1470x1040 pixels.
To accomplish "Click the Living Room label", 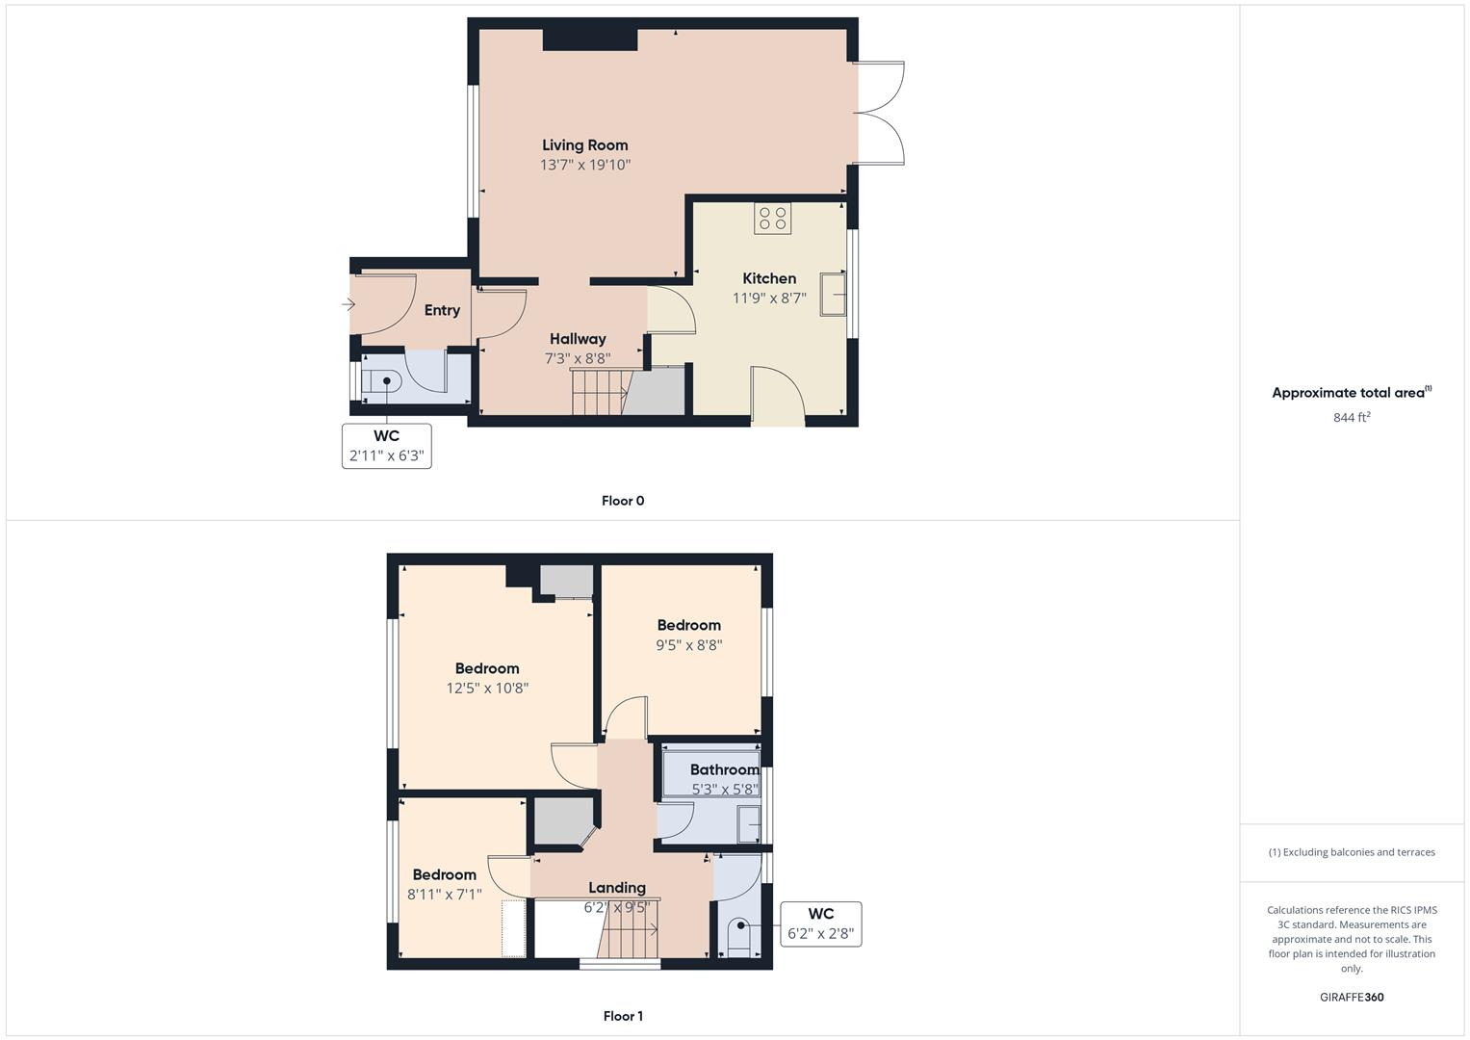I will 584,145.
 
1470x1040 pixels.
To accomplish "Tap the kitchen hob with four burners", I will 773,219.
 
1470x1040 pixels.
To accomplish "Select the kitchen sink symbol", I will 833,294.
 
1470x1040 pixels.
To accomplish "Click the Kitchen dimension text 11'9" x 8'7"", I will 769,299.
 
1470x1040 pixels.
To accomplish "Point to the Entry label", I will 442,310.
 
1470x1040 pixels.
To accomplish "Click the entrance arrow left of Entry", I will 348,305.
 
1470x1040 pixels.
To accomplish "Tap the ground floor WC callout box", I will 387,446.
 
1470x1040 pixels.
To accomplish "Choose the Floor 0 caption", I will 623,501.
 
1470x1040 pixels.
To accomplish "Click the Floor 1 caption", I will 623,1016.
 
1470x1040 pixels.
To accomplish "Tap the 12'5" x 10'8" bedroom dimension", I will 487,689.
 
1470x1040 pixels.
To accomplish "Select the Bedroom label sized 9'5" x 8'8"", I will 688,625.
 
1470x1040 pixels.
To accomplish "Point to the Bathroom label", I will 724,769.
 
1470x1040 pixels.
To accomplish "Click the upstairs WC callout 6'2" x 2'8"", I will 821,923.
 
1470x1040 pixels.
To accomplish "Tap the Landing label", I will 617,888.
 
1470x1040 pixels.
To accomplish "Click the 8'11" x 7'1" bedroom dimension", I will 445,894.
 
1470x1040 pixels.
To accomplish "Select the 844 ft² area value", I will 1352,417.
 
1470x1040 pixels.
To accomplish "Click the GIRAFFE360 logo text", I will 1352,997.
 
